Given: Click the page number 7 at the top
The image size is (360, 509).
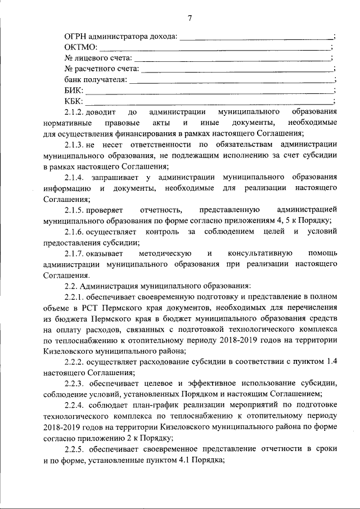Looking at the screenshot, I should coord(190,18).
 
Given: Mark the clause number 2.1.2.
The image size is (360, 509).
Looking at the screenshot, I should coord(76,112).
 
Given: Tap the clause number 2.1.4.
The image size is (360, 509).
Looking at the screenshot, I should coord(76,177).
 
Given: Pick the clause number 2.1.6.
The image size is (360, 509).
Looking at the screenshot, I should coord(76,232).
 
